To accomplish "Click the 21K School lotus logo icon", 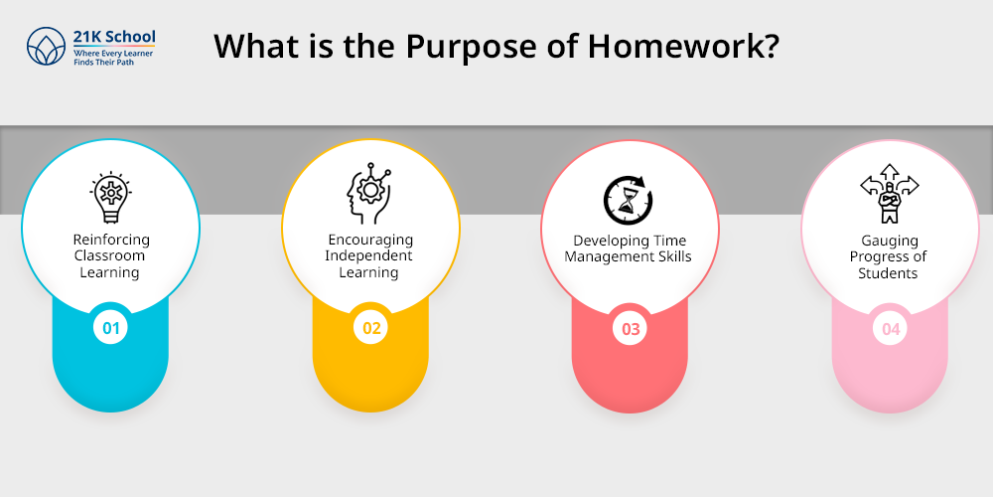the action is [x=47, y=46].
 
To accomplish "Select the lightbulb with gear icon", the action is [x=111, y=197].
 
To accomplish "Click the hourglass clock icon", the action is [x=629, y=200].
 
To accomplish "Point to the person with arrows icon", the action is [x=889, y=194].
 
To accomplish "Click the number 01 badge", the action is [x=111, y=328].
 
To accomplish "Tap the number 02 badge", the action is [x=371, y=328].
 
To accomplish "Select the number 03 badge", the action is [x=631, y=328].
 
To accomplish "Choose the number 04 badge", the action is [x=891, y=328].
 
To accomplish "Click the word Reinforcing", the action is [x=111, y=240].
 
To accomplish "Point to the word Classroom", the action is [x=109, y=255].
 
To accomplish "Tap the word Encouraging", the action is [x=370, y=241].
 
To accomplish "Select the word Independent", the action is [x=368, y=256].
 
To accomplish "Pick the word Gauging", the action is [x=890, y=241].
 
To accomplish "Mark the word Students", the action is [x=888, y=273].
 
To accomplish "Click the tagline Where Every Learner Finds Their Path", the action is [x=113, y=58].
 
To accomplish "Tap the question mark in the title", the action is [x=770, y=47].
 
